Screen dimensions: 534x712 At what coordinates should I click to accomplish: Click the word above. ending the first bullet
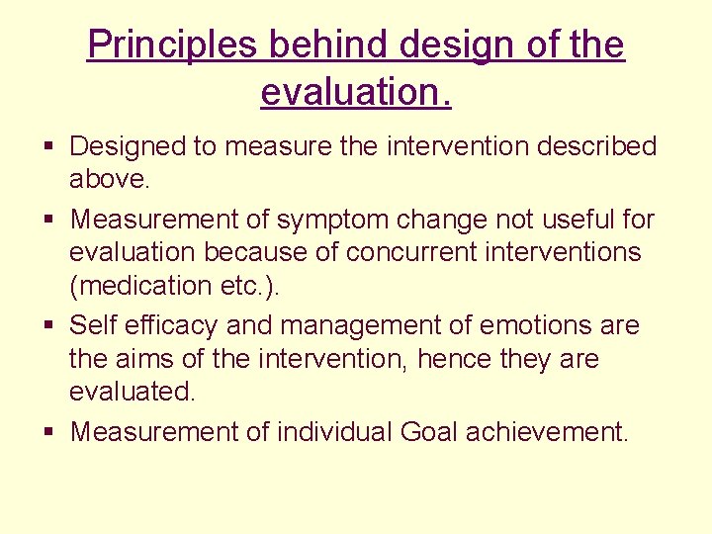[108, 180]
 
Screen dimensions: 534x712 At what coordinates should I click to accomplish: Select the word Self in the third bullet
[95, 324]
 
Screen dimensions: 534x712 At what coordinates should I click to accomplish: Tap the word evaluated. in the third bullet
[133, 393]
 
